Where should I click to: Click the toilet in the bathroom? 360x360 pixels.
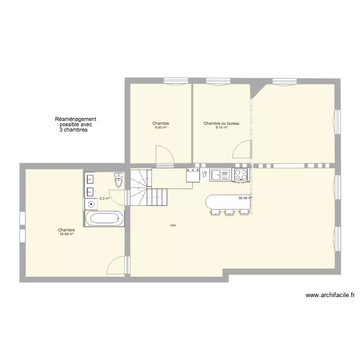(x=119, y=180)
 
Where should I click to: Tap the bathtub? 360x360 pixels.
(x=105, y=218)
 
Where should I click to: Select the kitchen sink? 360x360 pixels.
(x=220, y=174)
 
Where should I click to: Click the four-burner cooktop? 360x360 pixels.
(x=241, y=175)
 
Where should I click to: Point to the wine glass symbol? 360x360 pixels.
(x=204, y=174)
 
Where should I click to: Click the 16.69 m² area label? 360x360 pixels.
(x=66, y=234)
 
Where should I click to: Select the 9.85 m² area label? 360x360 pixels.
(x=161, y=127)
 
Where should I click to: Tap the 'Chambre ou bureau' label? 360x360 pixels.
(x=222, y=123)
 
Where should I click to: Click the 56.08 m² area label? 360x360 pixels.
(x=245, y=198)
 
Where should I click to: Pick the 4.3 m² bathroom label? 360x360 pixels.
(x=105, y=198)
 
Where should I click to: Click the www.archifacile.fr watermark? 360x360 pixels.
(x=330, y=295)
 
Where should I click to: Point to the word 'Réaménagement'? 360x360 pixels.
(x=75, y=119)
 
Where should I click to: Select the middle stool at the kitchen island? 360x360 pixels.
(x=229, y=212)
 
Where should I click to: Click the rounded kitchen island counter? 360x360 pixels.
(x=228, y=202)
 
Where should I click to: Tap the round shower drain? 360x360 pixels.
(x=91, y=204)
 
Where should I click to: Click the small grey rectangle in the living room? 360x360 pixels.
(x=173, y=226)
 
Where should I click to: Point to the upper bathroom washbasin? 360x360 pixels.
(x=90, y=179)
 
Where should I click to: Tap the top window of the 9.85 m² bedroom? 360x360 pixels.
(x=176, y=81)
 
